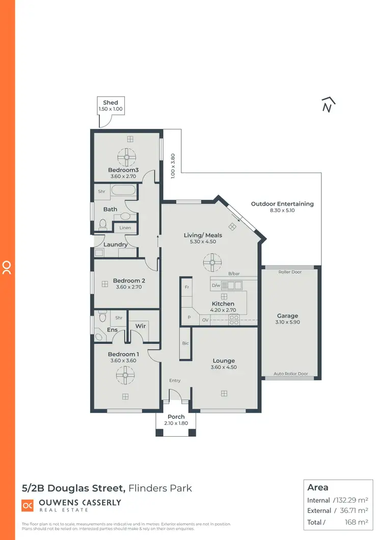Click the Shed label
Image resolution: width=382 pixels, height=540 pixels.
[110, 102]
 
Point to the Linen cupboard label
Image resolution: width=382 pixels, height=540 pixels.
[125, 228]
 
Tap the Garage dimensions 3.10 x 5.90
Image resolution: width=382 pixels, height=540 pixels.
[287, 322]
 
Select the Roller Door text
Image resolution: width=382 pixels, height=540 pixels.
[290, 272]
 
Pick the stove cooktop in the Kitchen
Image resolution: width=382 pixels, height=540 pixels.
[234, 320]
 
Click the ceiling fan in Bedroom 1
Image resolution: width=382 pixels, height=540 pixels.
[124, 376]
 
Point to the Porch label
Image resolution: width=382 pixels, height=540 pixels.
[176, 417]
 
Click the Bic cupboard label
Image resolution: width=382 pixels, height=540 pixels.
[185, 344]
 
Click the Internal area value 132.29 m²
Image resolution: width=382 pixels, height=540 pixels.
[351, 500]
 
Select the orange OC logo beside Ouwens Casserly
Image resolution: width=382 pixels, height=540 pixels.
[28, 505]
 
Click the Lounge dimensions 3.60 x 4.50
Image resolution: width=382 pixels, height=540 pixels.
[224, 367]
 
